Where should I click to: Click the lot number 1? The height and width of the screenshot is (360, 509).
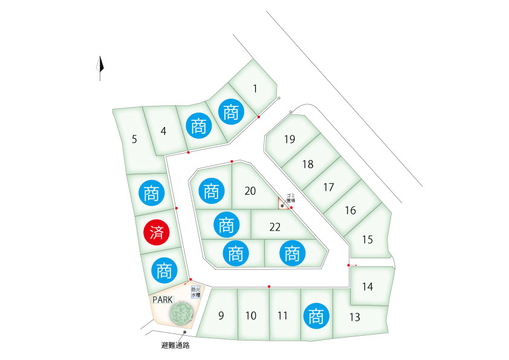coord(255,89)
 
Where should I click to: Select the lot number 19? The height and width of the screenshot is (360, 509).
coord(290,140)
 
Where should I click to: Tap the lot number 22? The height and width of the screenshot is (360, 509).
coord(275,227)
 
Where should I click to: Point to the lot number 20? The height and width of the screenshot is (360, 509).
coord(250,191)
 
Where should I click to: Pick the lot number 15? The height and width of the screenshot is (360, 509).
coord(367,239)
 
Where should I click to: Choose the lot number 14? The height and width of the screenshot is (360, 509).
coord(368,287)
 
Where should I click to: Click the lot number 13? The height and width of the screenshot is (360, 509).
coord(355,316)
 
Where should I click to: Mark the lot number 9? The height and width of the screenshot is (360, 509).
coord(221,315)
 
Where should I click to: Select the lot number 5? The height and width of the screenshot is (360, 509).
coord(134,140)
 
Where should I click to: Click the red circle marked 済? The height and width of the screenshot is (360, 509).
coord(157,231)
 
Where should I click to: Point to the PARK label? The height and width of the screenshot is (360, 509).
coord(163,299)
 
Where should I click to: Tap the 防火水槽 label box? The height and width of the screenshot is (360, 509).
coord(195,293)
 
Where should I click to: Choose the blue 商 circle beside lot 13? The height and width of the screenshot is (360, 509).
coord(316,316)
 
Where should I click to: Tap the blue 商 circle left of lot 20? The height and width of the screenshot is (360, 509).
coord(211,192)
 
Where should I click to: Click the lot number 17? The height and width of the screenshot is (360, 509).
coord(328,188)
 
